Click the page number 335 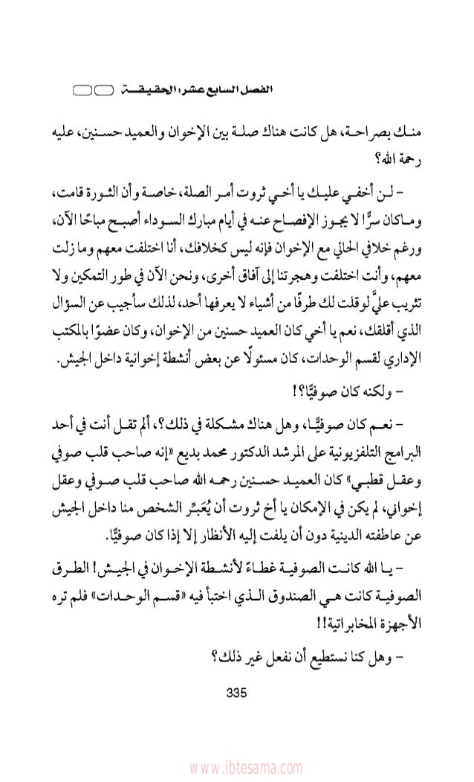236,695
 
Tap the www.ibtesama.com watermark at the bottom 237,766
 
